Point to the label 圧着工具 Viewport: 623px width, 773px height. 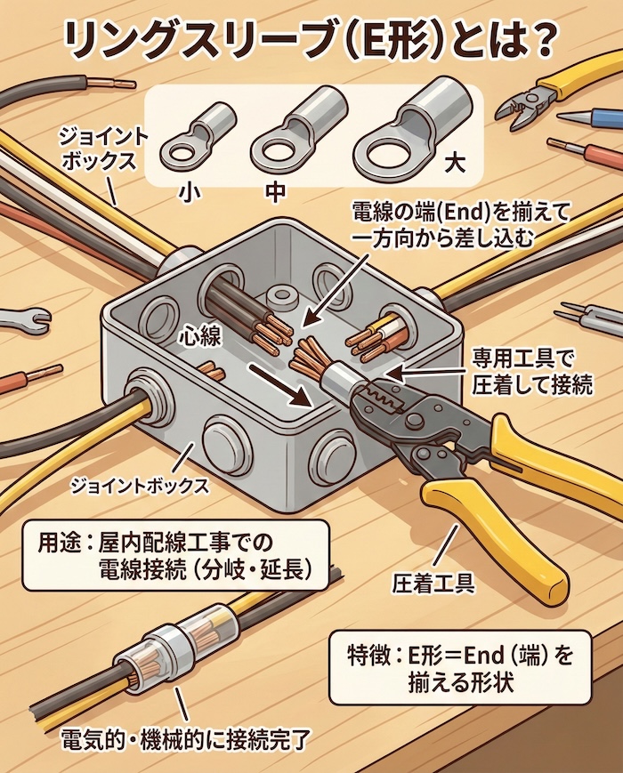[x=433, y=583]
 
